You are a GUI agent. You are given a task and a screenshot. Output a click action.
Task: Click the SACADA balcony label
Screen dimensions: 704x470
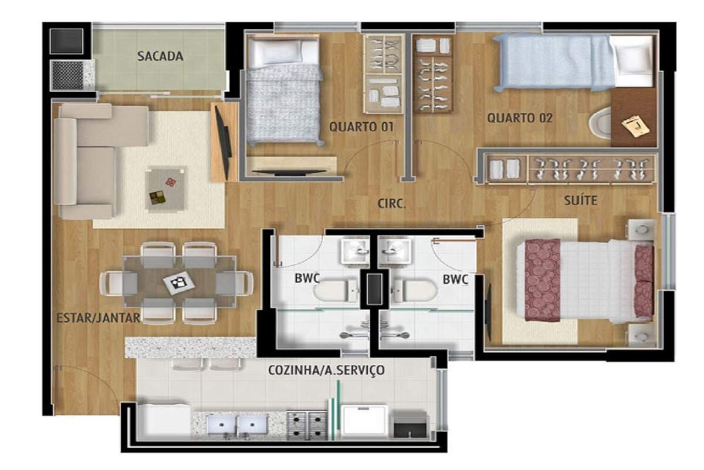160,56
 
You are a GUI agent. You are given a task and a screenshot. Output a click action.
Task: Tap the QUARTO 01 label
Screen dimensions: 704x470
361,127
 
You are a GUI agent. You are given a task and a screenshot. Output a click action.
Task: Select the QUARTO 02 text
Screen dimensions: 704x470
520,118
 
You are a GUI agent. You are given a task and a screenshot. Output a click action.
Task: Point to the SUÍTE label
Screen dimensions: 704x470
580,200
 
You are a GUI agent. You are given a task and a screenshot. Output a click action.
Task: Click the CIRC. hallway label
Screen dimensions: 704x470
392,204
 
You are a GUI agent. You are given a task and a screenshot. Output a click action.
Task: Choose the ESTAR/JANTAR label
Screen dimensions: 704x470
99,318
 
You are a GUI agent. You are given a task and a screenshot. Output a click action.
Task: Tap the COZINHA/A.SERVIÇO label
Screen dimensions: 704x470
327,370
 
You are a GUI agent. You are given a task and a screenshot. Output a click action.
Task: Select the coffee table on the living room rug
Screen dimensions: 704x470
165,189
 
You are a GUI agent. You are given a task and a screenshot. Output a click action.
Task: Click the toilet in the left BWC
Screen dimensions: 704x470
336,290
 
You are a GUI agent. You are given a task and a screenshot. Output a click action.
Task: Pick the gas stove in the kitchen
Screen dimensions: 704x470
307,425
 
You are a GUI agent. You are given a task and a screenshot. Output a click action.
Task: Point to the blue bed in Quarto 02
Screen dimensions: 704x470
574,62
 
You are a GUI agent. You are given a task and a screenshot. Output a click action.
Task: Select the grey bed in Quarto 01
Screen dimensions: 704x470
284,89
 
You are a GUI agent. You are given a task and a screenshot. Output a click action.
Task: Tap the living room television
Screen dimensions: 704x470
223,142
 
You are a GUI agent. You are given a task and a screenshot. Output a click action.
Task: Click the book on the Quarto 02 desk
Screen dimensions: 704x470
635,126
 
